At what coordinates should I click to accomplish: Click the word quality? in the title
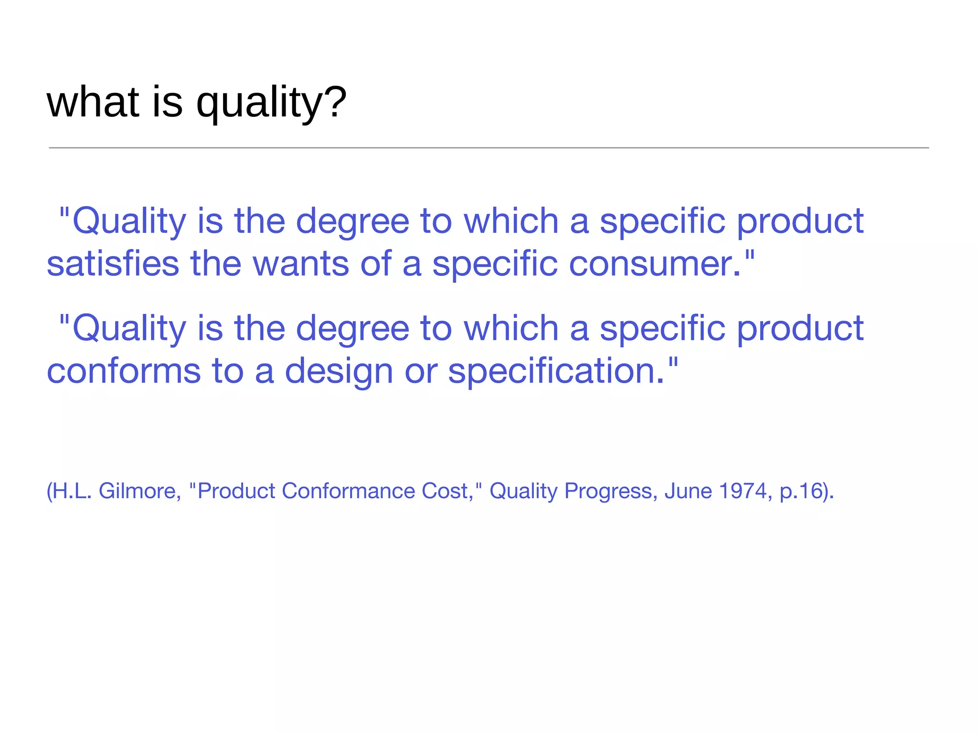click(x=271, y=103)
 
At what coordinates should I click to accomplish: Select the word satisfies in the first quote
click(x=113, y=264)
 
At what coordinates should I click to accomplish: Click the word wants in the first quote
click(x=301, y=264)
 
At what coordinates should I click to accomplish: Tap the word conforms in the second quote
click(x=124, y=371)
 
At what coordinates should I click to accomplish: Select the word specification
click(x=556, y=371)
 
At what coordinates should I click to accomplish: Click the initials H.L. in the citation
click(x=72, y=491)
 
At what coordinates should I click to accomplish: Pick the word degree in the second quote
click(x=352, y=329)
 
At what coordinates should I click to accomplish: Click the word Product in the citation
click(x=236, y=491)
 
